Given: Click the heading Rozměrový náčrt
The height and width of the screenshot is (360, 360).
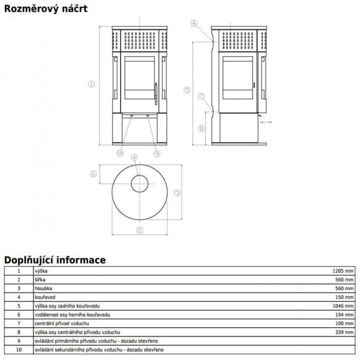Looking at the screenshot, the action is (46, 9).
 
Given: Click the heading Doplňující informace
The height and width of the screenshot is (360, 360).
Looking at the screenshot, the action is (55, 260).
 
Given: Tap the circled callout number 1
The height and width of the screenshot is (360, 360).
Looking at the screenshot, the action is (92, 84).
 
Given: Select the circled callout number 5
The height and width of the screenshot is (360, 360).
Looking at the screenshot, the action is (187, 90).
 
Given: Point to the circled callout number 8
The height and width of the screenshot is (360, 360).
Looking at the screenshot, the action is (201, 128).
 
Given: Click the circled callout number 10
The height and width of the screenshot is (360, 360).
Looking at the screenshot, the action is (120, 153).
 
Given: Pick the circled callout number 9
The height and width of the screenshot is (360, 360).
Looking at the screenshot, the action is (157, 153).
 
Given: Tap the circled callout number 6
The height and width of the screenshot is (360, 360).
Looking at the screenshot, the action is (93, 174).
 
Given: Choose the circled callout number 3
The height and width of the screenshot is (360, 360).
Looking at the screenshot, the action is (177, 193).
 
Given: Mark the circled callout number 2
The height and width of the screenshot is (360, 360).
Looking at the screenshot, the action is (139, 230).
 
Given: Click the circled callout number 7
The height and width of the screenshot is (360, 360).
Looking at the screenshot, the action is (201, 96).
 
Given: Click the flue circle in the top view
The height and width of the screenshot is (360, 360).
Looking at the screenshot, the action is (139, 175).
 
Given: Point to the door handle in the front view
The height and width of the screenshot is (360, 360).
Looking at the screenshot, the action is (156, 94).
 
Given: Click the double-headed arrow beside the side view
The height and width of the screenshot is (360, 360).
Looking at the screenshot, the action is (266, 122).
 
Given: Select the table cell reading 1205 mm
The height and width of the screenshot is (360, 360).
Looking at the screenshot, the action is (343, 271).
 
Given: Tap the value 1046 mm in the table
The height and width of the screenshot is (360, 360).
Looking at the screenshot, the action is (343, 306).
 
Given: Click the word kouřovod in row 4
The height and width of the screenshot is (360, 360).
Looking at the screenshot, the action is (45, 297).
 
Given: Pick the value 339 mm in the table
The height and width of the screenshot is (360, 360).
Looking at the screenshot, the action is (344, 332).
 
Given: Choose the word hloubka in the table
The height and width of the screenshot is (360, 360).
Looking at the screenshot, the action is (43, 288).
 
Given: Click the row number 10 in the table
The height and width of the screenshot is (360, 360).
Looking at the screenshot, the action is (19, 350).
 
